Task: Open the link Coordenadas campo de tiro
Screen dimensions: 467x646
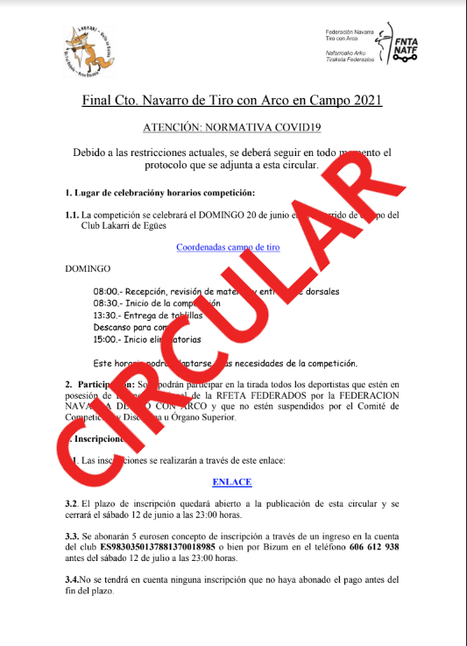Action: (228, 247)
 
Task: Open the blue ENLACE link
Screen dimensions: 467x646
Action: (231, 481)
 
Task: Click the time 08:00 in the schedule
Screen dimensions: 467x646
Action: (105, 291)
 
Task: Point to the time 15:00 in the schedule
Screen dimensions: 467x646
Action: (105, 339)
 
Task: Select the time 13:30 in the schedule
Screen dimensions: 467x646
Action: (105, 315)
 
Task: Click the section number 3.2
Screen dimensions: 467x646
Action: (72, 504)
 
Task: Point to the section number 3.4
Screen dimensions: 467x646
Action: (72, 579)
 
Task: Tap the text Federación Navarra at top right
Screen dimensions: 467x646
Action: (350, 33)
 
